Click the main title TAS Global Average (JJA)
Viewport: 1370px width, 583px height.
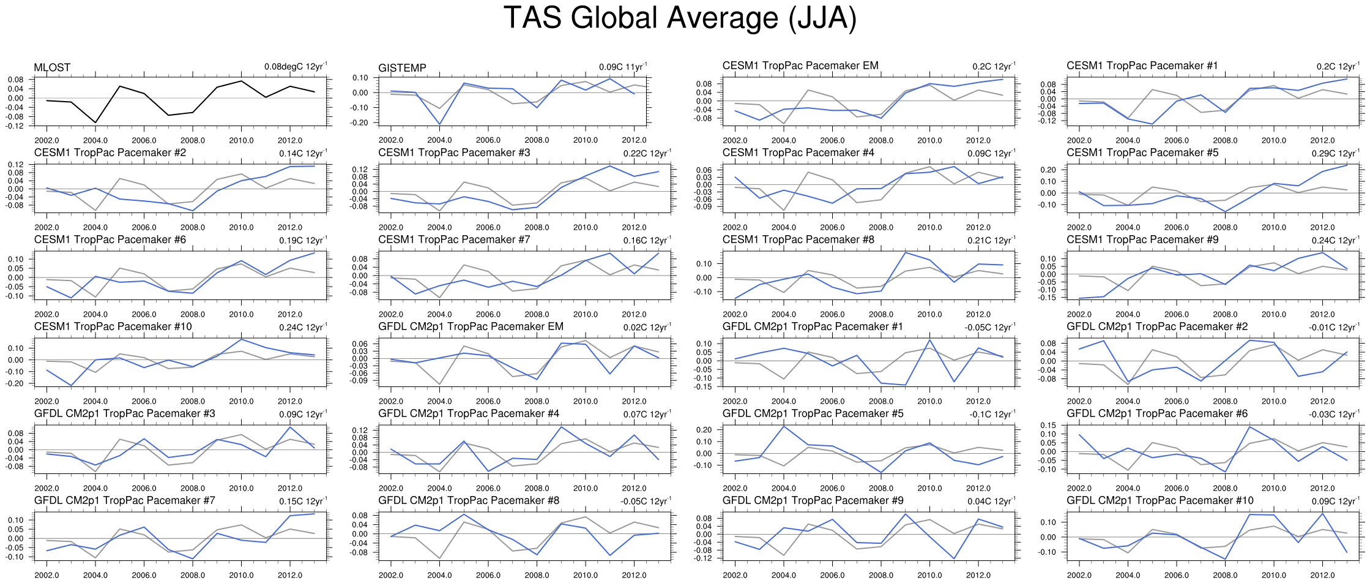click(x=680, y=18)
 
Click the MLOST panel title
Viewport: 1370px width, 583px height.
click(x=52, y=67)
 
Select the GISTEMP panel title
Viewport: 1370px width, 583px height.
click(x=402, y=68)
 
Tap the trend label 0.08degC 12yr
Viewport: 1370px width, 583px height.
click(x=296, y=67)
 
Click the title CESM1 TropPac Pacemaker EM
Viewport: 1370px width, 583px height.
click(x=800, y=66)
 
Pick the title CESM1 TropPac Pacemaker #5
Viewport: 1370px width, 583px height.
click(x=1142, y=152)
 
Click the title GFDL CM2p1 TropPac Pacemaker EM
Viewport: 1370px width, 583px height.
click(x=471, y=326)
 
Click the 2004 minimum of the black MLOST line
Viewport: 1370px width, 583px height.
click(x=95, y=122)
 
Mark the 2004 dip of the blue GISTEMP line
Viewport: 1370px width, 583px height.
click(x=439, y=124)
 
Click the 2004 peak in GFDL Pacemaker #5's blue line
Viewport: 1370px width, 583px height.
click(x=784, y=426)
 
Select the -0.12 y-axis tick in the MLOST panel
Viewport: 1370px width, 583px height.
click(x=16, y=126)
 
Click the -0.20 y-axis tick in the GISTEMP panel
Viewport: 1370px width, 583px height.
click(x=360, y=122)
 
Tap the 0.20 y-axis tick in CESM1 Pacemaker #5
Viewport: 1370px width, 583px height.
click(x=1049, y=170)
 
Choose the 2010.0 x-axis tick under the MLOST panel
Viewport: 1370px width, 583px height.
click(x=241, y=140)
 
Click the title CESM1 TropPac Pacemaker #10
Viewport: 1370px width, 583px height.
click(x=113, y=326)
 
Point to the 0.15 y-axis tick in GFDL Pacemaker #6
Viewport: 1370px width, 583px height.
click(x=1049, y=425)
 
